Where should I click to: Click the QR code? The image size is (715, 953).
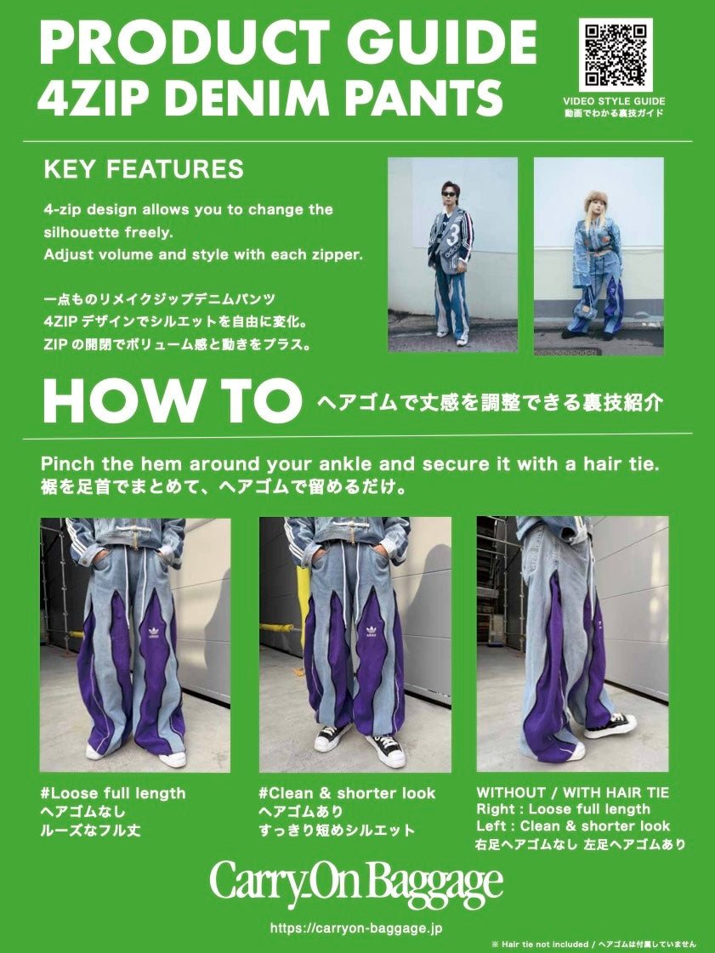tap(615, 54)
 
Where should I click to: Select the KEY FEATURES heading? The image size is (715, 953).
tap(144, 169)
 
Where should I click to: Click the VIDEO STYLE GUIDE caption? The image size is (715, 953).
tap(614, 101)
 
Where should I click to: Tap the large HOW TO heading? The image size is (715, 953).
tap(172, 401)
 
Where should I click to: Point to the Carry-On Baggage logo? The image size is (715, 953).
tap(357, 880)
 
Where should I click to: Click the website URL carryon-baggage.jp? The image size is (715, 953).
tap(356, 928)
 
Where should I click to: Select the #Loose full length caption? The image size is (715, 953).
tap(113, 793)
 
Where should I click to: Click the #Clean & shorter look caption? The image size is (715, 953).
tap(347, 793)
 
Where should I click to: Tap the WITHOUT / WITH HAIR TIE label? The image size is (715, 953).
tap(573, 792)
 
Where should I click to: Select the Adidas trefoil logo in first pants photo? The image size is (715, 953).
tap(152, 632)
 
